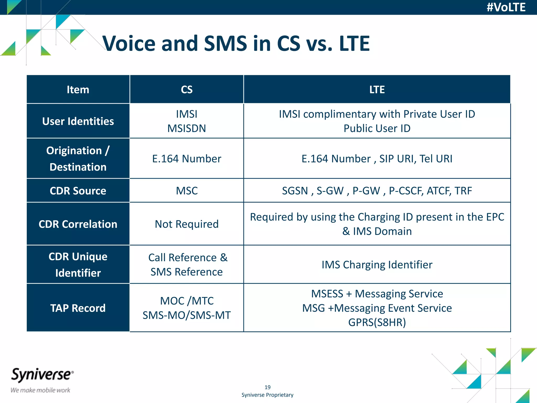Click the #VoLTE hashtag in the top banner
[506, 7]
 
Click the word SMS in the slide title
[225, 43]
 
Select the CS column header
[187, 90]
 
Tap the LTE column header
[377, 90]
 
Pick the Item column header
[78, 90]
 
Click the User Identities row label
[78, 121]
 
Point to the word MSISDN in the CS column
[187, 129]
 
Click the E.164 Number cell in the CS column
[187, 159]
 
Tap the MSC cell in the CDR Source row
[187, 191]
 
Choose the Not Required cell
[187, 224]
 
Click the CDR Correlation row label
[78, 224]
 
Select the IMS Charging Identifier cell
[377, 265]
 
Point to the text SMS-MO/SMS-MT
[187, 315]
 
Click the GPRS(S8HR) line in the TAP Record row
[377, 322]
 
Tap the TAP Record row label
[78, 308]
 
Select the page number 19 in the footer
[267, 387]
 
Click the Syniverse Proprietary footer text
[267, 395]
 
